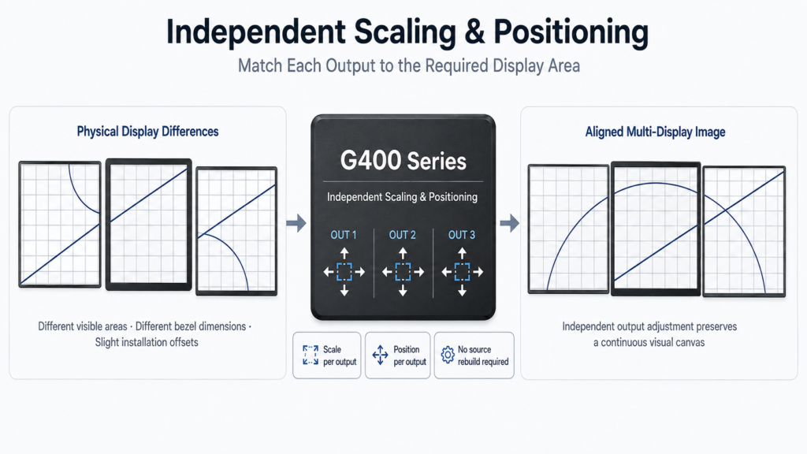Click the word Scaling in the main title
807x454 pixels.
click(x=404, y=32)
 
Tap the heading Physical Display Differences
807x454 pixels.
click(x=147, y=132)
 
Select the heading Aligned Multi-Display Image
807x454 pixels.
click(x=655, y=132)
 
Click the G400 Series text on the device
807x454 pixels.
click(x=403, y=161)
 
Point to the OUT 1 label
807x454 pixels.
click(x=344, y=235)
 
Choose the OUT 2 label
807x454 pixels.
click(x=403, y=235)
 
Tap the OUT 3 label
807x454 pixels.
click(x=462, y=235)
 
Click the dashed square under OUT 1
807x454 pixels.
click(x=344, y=272)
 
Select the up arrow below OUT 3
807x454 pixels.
click(x=462, y=253)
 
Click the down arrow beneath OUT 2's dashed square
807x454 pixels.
click(x=403, y=290)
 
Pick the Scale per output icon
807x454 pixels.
click(x=311, y=355)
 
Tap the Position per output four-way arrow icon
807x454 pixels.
click(x=381, y=355)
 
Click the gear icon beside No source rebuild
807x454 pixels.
click(x=448, y=355)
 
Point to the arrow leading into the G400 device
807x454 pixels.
click(x=296, y=223)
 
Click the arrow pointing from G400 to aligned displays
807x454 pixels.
click(x=510, y=223)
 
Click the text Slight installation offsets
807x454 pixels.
click(x=147, y=342)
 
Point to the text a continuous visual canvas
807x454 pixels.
click(x=649, y=342)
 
